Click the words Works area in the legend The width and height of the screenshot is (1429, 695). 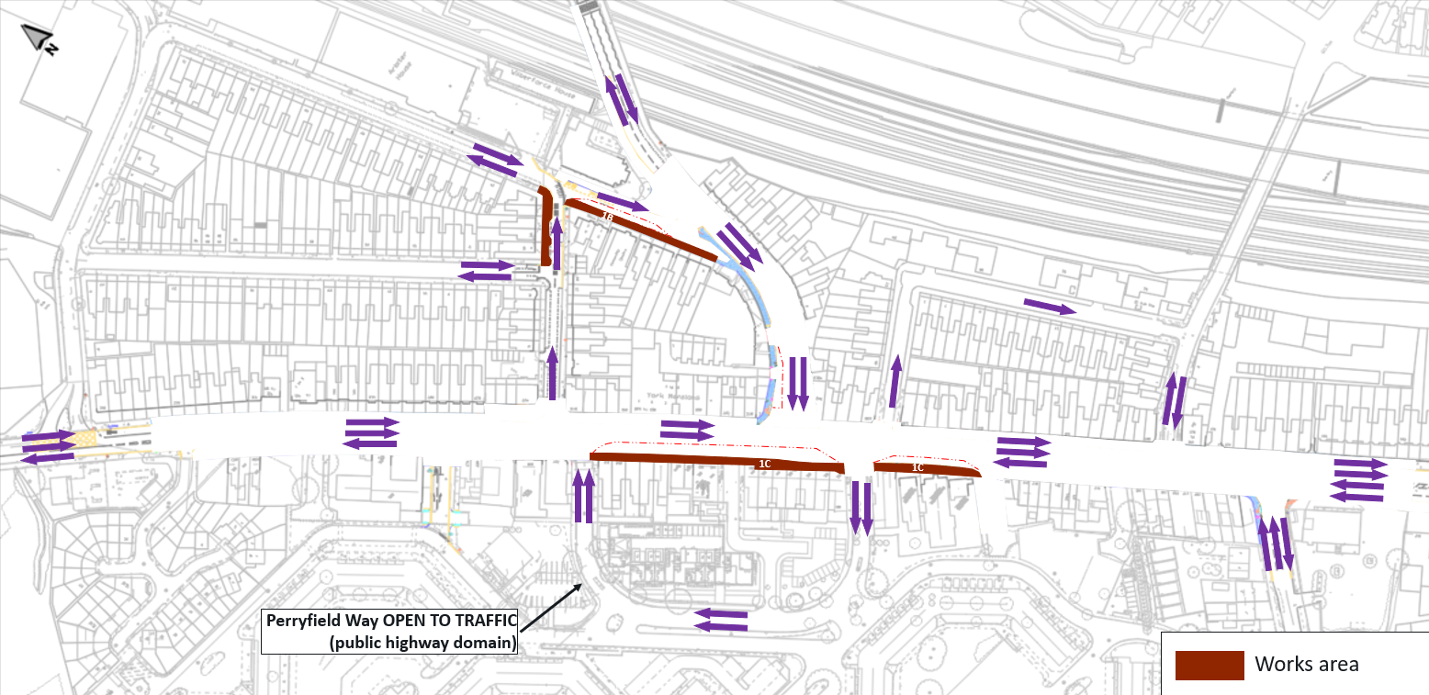1307,664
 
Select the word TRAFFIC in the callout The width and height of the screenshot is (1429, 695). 478,620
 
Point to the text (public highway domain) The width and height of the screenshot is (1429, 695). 422,643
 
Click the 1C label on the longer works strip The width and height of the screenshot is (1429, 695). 764,465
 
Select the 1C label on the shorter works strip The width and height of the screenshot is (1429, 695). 917,468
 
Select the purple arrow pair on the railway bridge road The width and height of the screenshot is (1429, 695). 621,99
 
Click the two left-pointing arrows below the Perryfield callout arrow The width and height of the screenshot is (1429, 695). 720,620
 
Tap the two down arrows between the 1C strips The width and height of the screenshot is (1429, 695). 861,508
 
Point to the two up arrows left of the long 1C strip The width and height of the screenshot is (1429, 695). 583,496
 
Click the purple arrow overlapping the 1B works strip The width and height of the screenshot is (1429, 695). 623,201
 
